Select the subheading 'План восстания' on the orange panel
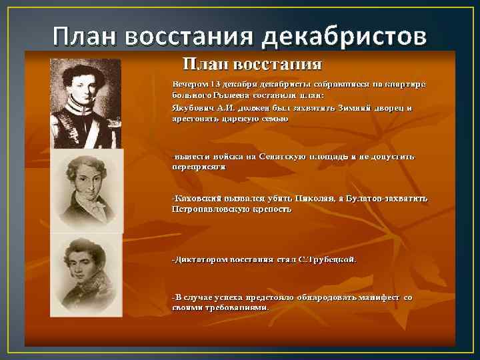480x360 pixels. (253, 65)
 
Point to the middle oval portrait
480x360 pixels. (87, 190)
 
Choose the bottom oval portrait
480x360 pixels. (86, 273)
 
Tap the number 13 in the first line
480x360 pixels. (215, 85)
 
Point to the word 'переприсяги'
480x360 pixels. (199, 167)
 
